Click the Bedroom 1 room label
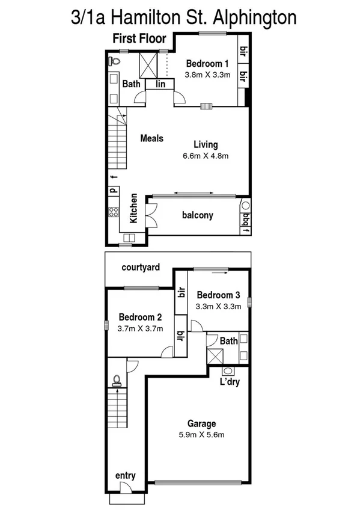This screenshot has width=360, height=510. pyautogui.click(x=207, y=63)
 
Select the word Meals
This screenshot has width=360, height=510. pyautogui.click(x=151, y=138)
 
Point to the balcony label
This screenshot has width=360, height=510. pyautogui.click(x=197, y=215)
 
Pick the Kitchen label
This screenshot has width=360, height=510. pyautogui.click(x=134, y=209)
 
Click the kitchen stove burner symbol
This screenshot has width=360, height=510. pyautogui.click(x=114, y=211)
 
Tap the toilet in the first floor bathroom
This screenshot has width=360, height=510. pyautogui.click(x=114, y=60)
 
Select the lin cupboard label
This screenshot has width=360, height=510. pyautogui.click(x=160, y=85)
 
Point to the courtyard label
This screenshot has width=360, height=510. pyautogui.click(x=141, y=267)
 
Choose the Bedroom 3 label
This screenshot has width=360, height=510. pyautogui.click(x=218, y=295)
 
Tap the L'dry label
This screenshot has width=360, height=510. pyautogui.click(x=229, y=382)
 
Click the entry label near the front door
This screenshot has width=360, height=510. pyautogui.click(x=125, y=476)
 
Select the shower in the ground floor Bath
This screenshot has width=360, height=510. pyautogui.click(x=214, y=355)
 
